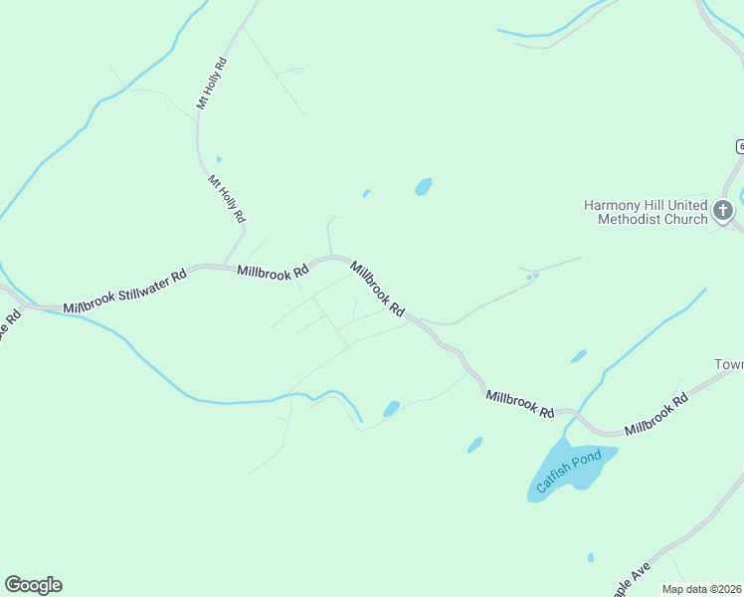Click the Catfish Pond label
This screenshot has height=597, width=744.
point(569,472)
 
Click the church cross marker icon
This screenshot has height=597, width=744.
point(723,211)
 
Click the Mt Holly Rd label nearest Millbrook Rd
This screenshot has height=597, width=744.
point(227,198)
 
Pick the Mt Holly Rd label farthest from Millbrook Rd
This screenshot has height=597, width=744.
point(211,83)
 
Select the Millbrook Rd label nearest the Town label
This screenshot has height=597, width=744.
point(656,415)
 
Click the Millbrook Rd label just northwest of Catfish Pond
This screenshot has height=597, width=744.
point(519,403)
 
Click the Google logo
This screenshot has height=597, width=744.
point(33,585)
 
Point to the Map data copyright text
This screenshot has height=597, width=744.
point(702,589)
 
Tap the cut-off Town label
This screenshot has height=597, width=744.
point(729,364)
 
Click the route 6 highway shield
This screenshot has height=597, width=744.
point(740,146)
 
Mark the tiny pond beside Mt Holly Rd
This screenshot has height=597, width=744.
point(218,158)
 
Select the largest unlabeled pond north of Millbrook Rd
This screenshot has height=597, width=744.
point(424,186)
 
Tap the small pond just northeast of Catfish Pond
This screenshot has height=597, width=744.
point(578,356)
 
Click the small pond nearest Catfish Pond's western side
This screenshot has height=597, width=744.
point(475,444)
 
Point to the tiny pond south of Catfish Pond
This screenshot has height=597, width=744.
point(591,557)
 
